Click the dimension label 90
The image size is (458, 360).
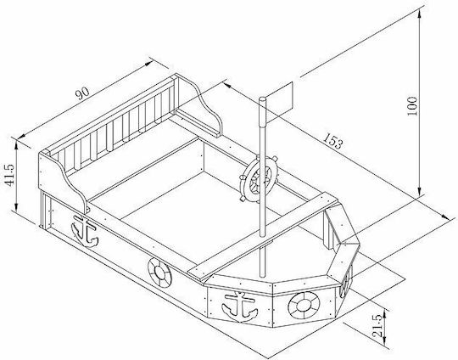(x=82, y=93)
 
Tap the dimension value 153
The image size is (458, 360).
(x=332, y=141)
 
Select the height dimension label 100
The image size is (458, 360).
(x=412, y=106)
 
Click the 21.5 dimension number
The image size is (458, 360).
(x=377, y=326)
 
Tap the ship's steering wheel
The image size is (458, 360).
(x=259, y=179)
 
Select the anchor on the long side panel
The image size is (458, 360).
(x=85, y=231)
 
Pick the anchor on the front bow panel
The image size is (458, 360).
(x=240, y=307)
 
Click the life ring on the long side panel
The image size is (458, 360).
(x=159, y=273)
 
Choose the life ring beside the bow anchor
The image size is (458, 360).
(x=304, y=306)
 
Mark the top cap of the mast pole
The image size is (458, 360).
(x=263, y=99)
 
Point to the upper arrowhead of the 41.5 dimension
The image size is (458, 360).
(x=17, y=145)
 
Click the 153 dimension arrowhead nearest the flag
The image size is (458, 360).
(x=227, y=85)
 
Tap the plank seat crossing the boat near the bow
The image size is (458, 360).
(x=262, y=235)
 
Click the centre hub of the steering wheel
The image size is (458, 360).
(x=259, y=179)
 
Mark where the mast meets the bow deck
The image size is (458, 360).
(x=262, y=275)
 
